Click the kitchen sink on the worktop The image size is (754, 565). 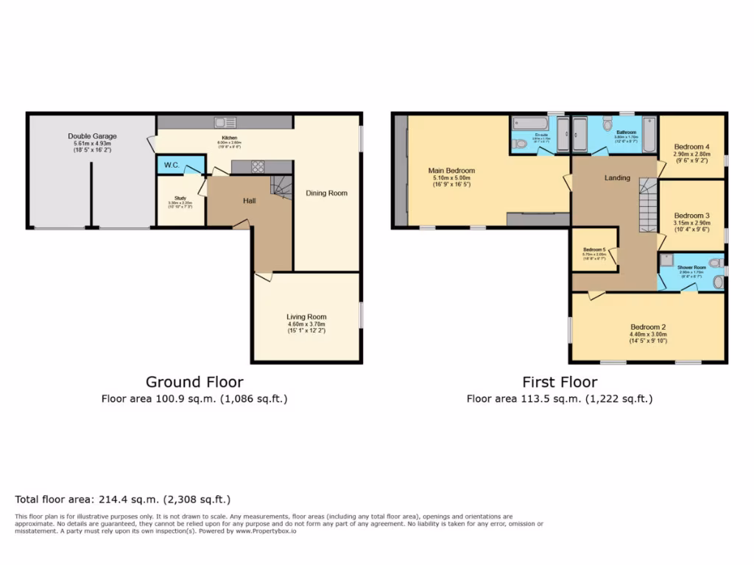coord(225,123)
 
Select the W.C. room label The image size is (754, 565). coord(172,165)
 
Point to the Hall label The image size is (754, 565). coord(250,200)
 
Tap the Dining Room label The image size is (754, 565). coord(326,193)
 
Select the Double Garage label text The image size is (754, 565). coord(92,136)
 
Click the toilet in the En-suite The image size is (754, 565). coord(520,144)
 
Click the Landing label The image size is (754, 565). coord(617,177)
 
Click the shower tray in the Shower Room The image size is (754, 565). coord(666,259)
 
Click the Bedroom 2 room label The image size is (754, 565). coord(648,327)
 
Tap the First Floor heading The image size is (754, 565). coord(560,382)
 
